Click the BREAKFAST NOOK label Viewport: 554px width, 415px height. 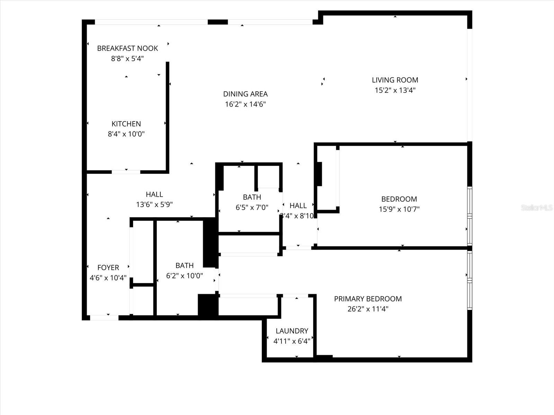[127, 48]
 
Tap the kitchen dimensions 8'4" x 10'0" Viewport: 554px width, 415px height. [126, 134]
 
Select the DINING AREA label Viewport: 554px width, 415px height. [245, 94]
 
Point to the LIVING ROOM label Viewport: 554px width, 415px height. [395, 80]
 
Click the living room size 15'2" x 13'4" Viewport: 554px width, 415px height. [395, 90]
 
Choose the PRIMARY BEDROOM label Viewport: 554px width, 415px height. [368, 299]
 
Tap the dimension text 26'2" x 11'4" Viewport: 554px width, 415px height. [368, 309]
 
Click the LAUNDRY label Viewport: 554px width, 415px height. [292, 331]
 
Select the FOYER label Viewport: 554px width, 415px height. [108, 267]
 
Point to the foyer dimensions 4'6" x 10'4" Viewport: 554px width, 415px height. [108, 278]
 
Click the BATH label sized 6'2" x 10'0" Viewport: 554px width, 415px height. [185, 266]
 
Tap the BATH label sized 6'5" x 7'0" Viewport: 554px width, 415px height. [252, 197]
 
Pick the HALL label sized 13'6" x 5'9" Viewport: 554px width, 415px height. [154, 194]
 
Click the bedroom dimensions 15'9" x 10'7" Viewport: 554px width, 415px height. [399, 209]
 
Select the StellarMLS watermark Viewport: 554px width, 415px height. [536, 208]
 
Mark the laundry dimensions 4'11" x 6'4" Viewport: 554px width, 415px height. [292, 341]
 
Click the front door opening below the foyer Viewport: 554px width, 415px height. [104, 317]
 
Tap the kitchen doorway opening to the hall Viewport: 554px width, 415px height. [126, 172]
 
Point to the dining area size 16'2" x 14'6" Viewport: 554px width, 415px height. [245, 104]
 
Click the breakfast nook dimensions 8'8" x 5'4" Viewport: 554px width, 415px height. [127, 59]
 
